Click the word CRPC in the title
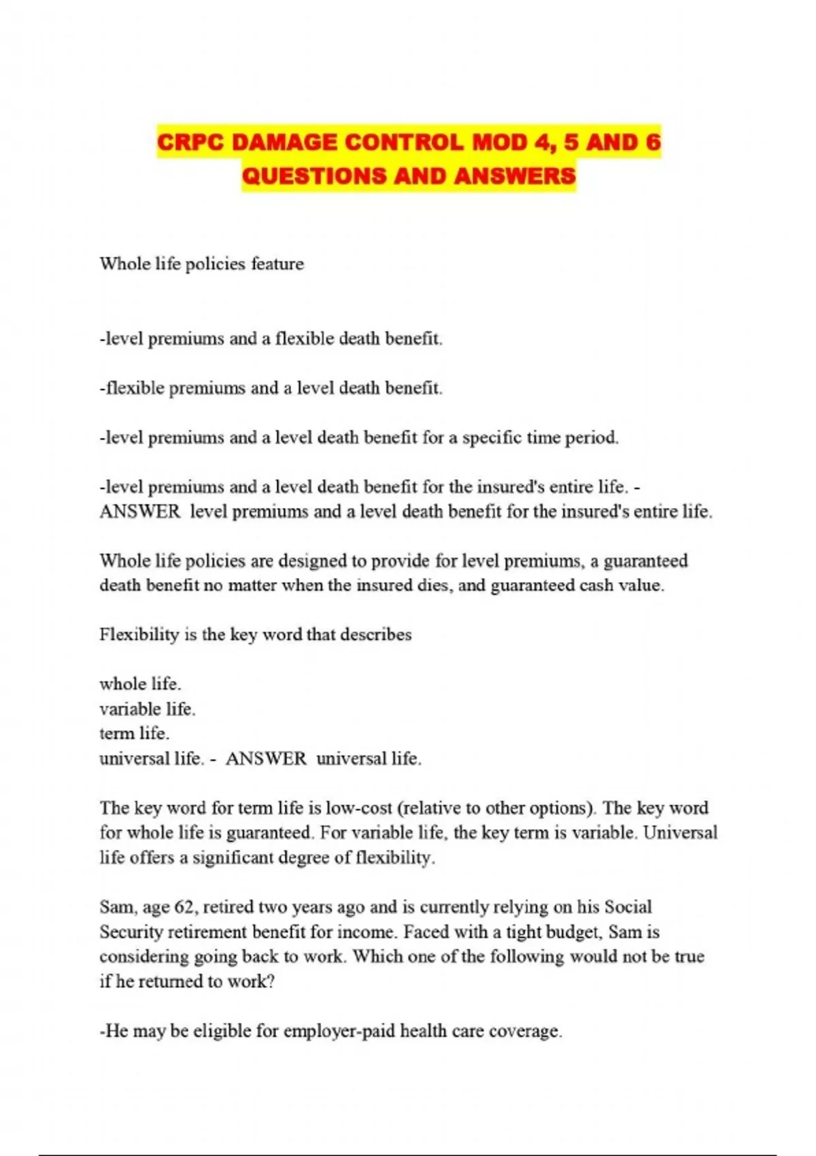(x=191, y=143)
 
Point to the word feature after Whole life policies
(x=277, y=264)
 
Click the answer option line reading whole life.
(x=140, y=684)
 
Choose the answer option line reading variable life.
(x=147, y=709)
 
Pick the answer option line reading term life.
(x=134, y=734)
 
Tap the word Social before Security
(x=628, y=907)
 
